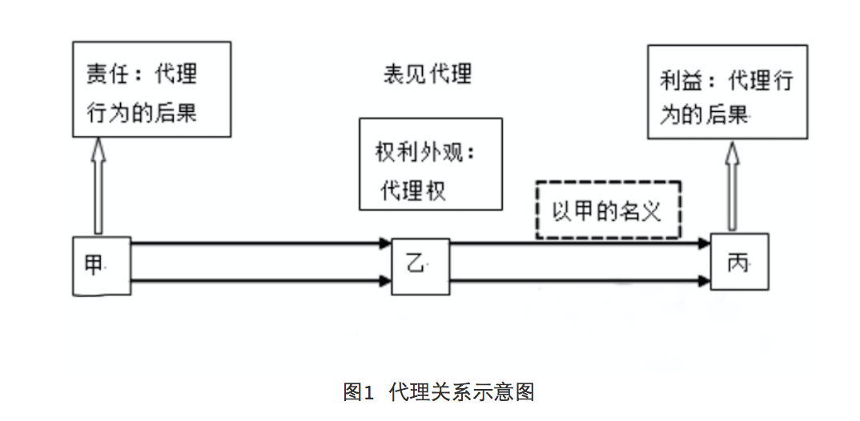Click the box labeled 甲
point(100,266)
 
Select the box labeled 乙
point(420,266)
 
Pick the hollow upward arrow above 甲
point(99,185)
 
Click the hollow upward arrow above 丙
point(732,187)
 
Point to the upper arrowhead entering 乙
point(385,242)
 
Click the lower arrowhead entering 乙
point(385,281)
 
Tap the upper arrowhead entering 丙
point(705,242)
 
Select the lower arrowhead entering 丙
point(705,281)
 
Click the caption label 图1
point(358,392)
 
